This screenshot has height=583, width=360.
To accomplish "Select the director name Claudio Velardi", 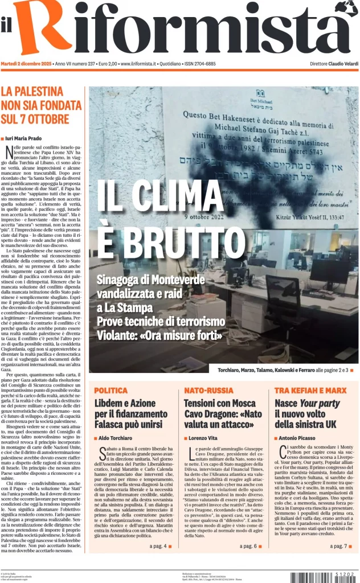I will click(342, 64).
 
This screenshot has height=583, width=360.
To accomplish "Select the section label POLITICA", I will click(111, 391).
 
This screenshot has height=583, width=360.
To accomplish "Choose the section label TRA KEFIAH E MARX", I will click(310, 391).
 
